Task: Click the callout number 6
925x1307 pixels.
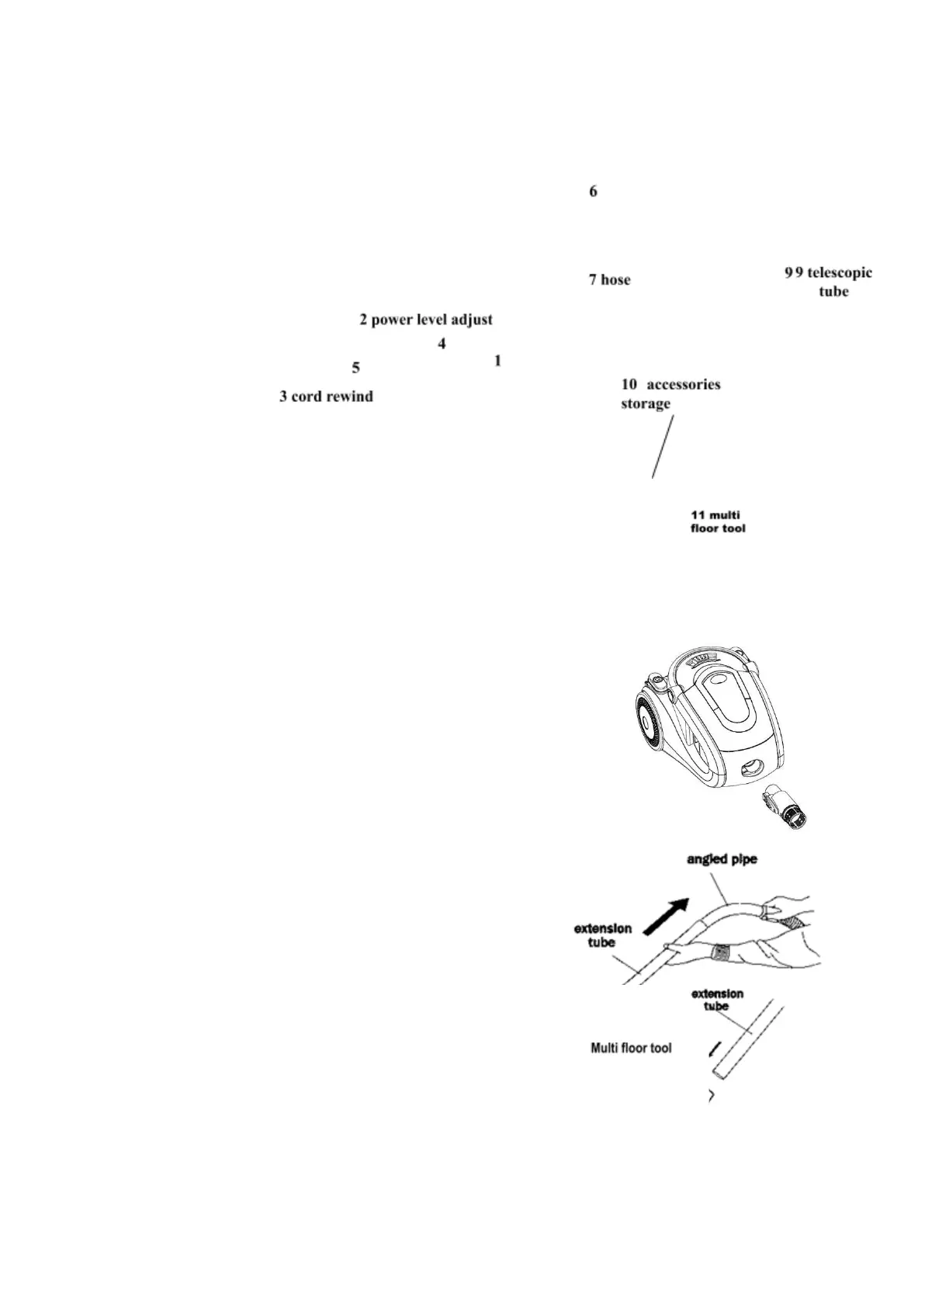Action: pyautogui.click(x=593, y=192)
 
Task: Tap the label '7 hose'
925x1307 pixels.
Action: pyautogui.click(x=609, y=280)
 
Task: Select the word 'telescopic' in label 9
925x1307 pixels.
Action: pyautogui.click(x=839, y=273)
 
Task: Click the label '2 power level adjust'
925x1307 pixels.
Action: pyautogui.click(x=425, y=320)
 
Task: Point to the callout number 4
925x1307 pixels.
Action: pyautogui.click(x=442, y=343)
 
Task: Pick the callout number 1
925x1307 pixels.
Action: pyautogui.click(x=497, y=361)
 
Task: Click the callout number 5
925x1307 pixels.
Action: pyautogui.click(x=355, y=367)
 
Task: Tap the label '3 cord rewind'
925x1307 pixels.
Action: pyautogui.click(x=326, y=397)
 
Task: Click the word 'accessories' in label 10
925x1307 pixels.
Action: pyautogui.click(x=683, y=385)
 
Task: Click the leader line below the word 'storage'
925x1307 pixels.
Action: pyautogui.click(x=662, y=446)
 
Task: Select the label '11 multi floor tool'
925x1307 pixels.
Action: pyautogui.click(x=718, y=522)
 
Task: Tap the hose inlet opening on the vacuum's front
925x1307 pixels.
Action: pyautogui.click(x=750, y=768)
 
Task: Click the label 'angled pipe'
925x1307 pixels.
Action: pyautogui.click(x=722, y=860)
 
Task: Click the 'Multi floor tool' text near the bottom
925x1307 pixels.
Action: pyautogui.click(x=631, y=1049)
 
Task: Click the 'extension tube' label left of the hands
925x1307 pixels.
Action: pyautogui.click(x=602, y=935)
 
